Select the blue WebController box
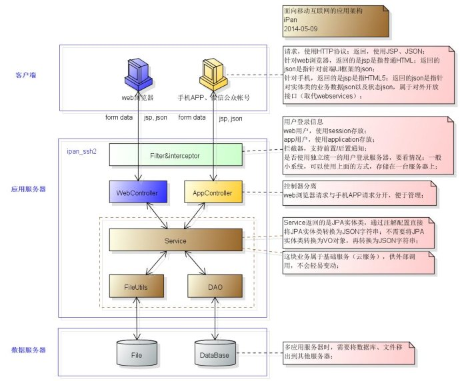click(x=137, y=193)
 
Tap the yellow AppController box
click(x=211, y=193)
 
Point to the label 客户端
click(x=27, y=75)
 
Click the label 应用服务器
click(x=27, y=189)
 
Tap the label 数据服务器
click(x=27, y=350)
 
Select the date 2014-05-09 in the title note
click(x=301, y=29)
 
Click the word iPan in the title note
click(x=289, y=21)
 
